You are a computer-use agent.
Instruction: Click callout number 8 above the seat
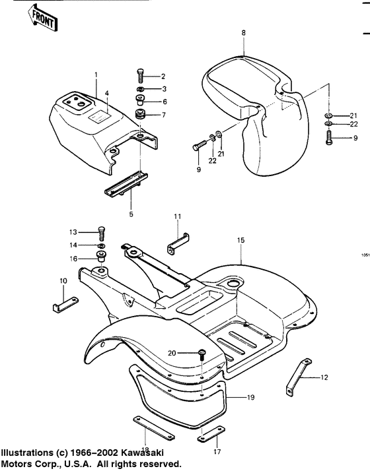point(243,32)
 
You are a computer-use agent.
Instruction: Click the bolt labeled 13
point(101,232)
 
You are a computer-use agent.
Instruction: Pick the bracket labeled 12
point(298,381)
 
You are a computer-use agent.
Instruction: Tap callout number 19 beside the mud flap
point(250,398)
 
